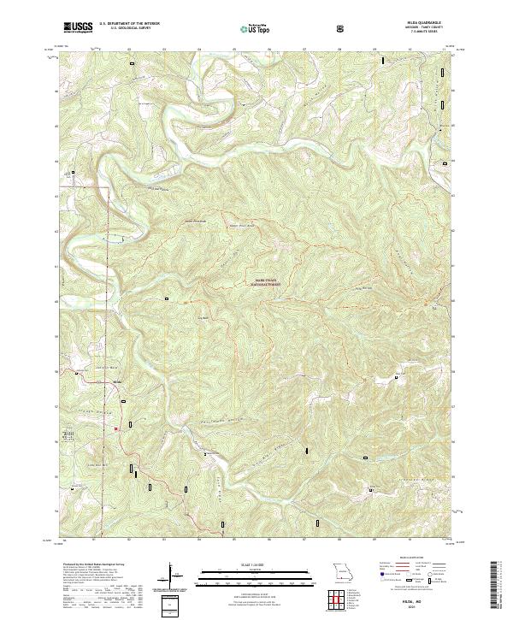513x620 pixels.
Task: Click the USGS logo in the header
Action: click(78, 28)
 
